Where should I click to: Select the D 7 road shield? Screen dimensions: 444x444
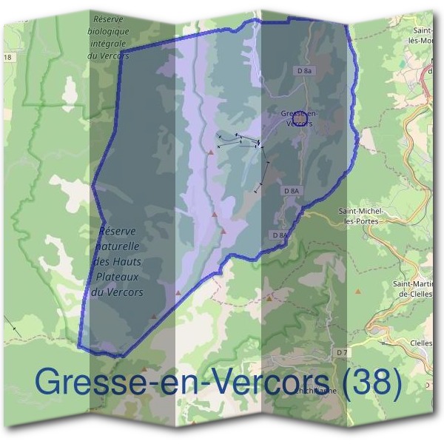(341, 353)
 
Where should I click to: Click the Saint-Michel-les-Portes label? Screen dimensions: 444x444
(358, 216)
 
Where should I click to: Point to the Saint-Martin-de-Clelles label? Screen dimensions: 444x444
(411, 288)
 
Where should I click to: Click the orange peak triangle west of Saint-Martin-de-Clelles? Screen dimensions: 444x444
(359, 292)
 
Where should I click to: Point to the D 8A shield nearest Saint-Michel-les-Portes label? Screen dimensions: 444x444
(292, 191)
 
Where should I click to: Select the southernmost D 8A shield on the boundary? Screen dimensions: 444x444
(279, 235)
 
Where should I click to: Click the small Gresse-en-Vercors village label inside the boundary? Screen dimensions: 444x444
(298, 118)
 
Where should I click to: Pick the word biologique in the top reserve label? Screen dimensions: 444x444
(108, 31)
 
